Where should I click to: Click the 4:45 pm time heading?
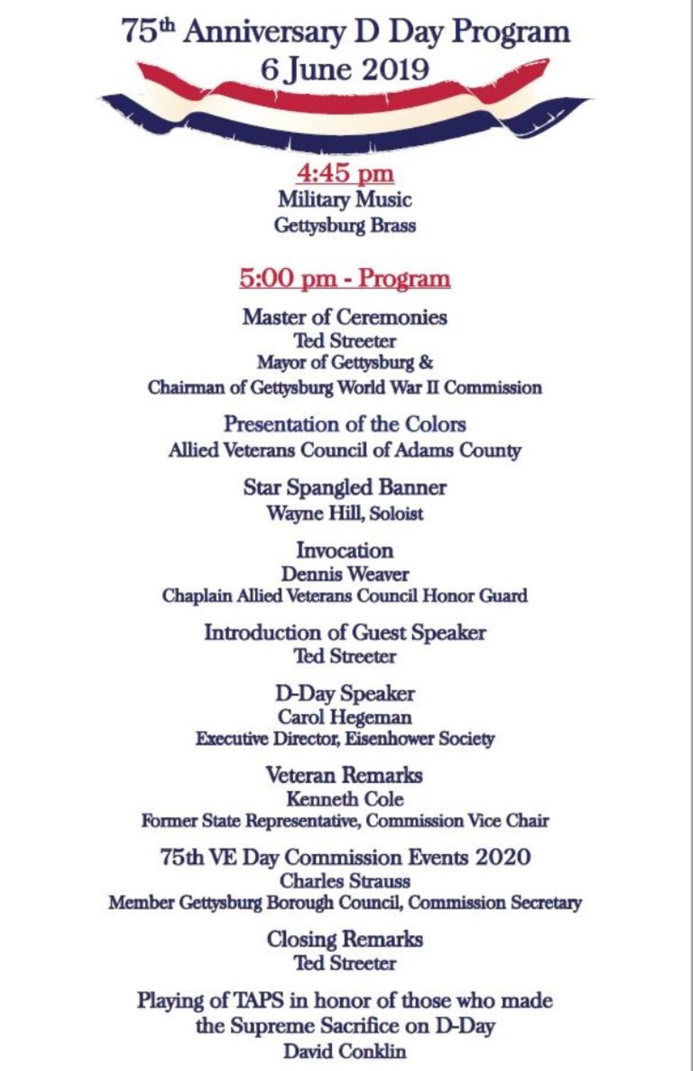(x=345, y=174)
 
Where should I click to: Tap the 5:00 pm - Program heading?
(x=345, y=278)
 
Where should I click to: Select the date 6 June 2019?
(x=345, y=70)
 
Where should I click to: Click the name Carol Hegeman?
(x=345, y=717)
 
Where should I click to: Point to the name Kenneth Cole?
(x=345, y=799)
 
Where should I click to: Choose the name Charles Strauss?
(x=345, y=880)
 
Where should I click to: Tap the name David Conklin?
(x=345, y=1050)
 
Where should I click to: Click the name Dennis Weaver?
(x=345, y=574)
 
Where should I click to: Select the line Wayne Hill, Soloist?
(x=345, y=513)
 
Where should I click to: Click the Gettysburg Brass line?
(x=345, y=225)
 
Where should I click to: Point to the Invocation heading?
(x=345, y=550)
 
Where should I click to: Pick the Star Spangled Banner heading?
(x=345, y=488)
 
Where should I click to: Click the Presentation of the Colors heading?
(x=345, y=425)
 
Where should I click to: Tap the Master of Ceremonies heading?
(x=345, y=316)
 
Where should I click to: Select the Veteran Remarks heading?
(x=345, y=774)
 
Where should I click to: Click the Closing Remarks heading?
(x=345, y=939)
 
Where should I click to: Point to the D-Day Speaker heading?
(x=345, y=693)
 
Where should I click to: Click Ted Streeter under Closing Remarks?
(x=345, y=964)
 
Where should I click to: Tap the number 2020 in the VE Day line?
(x=503, y=857)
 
